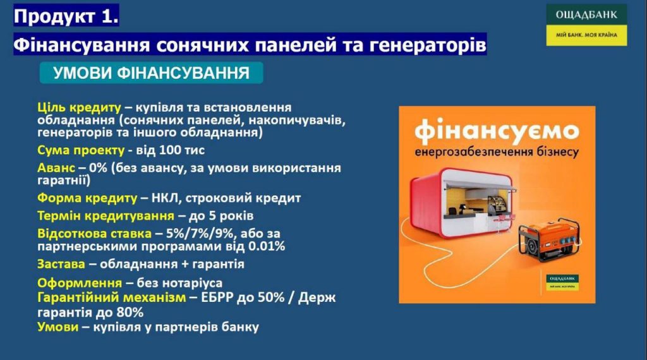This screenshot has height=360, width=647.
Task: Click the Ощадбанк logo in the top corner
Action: point(586,25)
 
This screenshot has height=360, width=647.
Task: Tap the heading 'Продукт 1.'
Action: point(66,16)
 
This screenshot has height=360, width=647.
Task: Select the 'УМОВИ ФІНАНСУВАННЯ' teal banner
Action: point(151,73)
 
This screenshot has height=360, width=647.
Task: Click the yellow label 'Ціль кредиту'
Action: point(79,107)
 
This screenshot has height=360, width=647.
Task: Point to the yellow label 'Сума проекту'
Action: point(80,150)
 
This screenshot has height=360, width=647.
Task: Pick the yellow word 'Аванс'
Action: point(56,168)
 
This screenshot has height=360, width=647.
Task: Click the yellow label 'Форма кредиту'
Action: point(87,198)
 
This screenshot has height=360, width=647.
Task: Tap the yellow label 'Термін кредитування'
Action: point(106,215)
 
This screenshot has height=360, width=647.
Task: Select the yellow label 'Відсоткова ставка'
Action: point(94,234)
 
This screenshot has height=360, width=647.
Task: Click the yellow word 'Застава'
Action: point(61,264)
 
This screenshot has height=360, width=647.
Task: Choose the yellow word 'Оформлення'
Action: point(80,283)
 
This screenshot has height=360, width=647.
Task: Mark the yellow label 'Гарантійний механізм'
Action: point(111,297)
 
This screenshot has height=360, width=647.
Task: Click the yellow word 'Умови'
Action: point(57,327)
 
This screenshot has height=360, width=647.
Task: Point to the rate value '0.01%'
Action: point(267,246)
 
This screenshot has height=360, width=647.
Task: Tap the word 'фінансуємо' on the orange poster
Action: point(497,130)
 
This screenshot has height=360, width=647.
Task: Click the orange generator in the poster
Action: point(550,241)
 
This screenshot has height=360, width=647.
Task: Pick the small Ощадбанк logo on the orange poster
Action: point(562,282)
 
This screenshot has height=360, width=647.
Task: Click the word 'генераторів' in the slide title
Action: point(428,45)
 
